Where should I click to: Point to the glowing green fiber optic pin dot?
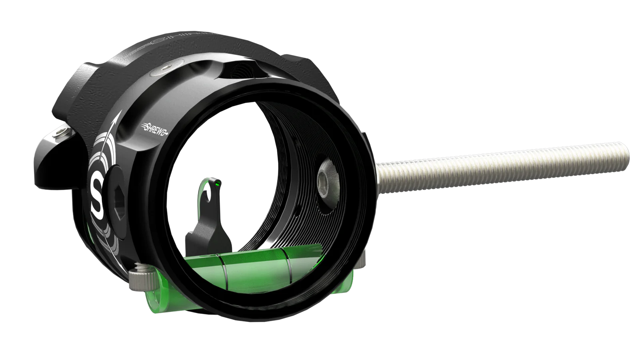pos(217,184)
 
